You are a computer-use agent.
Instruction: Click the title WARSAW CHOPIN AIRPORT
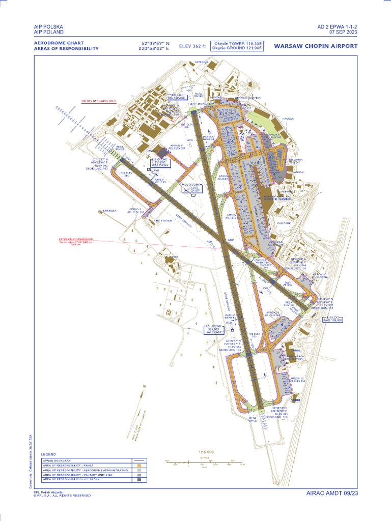click(316, 46)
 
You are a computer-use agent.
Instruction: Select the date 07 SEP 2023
click(343, 32)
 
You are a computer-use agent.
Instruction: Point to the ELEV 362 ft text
click(193, 46)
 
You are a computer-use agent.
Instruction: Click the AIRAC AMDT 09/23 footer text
click(332, 493)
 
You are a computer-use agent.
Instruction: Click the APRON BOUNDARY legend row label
click(57, 461)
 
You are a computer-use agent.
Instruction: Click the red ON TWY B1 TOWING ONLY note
click(99, 101)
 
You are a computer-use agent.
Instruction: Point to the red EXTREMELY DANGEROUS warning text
click(75, 239)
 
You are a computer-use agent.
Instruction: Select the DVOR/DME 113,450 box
click(192, 188)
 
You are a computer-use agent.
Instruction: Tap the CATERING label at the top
click(202, 62)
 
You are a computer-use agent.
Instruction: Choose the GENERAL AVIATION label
click(247, 98)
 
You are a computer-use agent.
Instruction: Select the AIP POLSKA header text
click(49, 26)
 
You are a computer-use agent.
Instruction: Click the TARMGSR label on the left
click(109, 210)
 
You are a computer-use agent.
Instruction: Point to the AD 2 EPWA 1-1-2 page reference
click(337, 26)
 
